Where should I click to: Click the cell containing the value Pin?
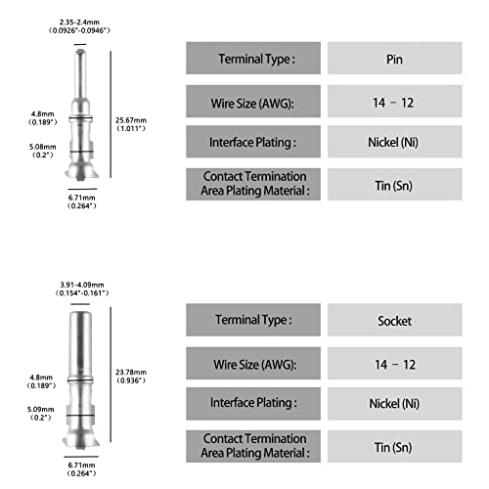[395, 58]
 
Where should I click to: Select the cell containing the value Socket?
[395, 320]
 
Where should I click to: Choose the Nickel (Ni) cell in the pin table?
[395, 142]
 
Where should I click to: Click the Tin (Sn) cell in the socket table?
[395, 446]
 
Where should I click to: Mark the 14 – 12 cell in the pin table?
[395, 101]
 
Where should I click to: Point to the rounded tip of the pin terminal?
[80, 52]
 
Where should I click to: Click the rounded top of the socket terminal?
[80, 315]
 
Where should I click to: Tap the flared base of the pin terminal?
[81, 171]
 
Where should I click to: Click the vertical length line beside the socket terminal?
[111, 375]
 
